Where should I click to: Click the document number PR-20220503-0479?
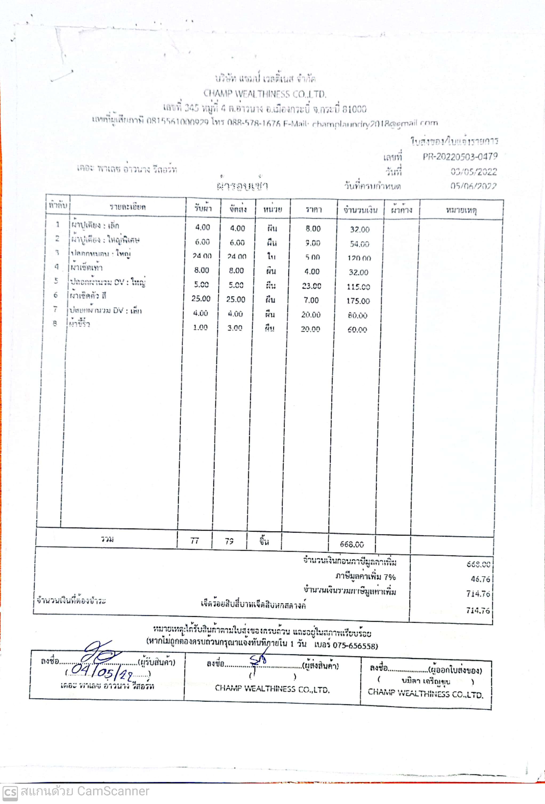point(460,157)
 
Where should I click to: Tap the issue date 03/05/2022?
point(473,172)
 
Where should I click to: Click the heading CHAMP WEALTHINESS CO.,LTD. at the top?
point(265,94)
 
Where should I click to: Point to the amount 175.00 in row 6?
point(358,301)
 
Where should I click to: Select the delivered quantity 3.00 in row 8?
point(235,328)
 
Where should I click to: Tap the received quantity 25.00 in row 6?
point(201,298)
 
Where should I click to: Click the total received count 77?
point(195,541)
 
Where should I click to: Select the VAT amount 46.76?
point(480,579)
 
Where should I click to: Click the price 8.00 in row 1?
point(313,229)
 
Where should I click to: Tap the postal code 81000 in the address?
point(354,109)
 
